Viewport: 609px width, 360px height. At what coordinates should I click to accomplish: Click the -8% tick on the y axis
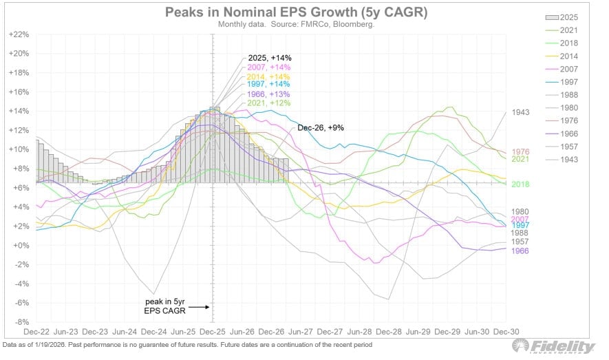tap(23, 322)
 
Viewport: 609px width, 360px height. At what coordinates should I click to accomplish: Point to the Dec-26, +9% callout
tap(321, 128)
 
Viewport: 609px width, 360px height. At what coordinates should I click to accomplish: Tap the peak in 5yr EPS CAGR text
tap(164, 306)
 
